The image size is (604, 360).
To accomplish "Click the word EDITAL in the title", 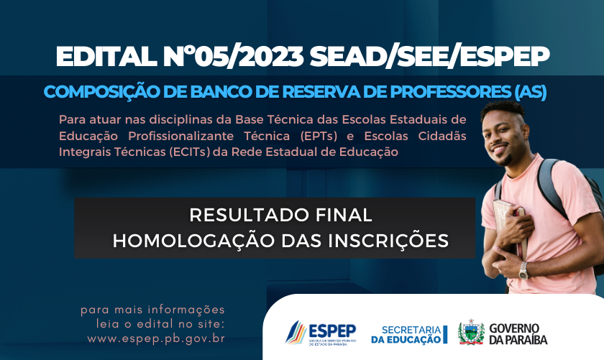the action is click(x=106, y=57).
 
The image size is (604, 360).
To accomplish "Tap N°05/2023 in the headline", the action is click(x=234, y=57).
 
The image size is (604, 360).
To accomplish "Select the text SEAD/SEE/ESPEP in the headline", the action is click(x=429, y=57).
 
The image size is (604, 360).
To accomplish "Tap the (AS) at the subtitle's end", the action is click(x=531, y=93).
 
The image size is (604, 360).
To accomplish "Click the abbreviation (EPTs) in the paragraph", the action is click(x=319, y=136).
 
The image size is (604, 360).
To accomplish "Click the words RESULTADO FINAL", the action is click(x=281, y=215).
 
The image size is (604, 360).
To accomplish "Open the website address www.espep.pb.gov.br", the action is click(x=156, y=339).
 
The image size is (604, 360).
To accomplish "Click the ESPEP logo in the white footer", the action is click(x=321, y=333).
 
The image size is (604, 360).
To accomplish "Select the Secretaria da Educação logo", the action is click(x=409, y=335).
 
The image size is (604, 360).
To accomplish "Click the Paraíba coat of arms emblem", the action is click(x=471, y=332).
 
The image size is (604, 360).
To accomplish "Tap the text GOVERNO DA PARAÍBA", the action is click(x=518, y=334).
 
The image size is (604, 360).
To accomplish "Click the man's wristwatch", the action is click(x=523, y=270).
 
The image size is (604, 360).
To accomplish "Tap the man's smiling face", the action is click(x=502, y=137).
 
